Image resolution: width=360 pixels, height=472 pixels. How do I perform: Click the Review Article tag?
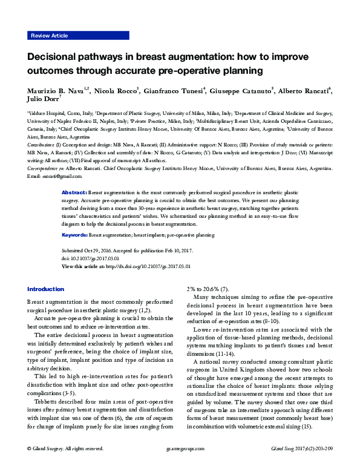click(49, 36)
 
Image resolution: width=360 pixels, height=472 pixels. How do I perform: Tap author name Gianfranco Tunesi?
click(176, 91)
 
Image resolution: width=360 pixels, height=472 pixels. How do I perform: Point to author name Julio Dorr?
click(42, 100)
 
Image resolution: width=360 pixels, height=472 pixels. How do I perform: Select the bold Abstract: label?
click(75, 191)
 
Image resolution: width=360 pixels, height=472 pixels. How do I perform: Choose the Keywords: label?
click(76, 234)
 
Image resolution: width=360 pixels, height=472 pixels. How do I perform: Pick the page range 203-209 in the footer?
click(319, 449)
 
